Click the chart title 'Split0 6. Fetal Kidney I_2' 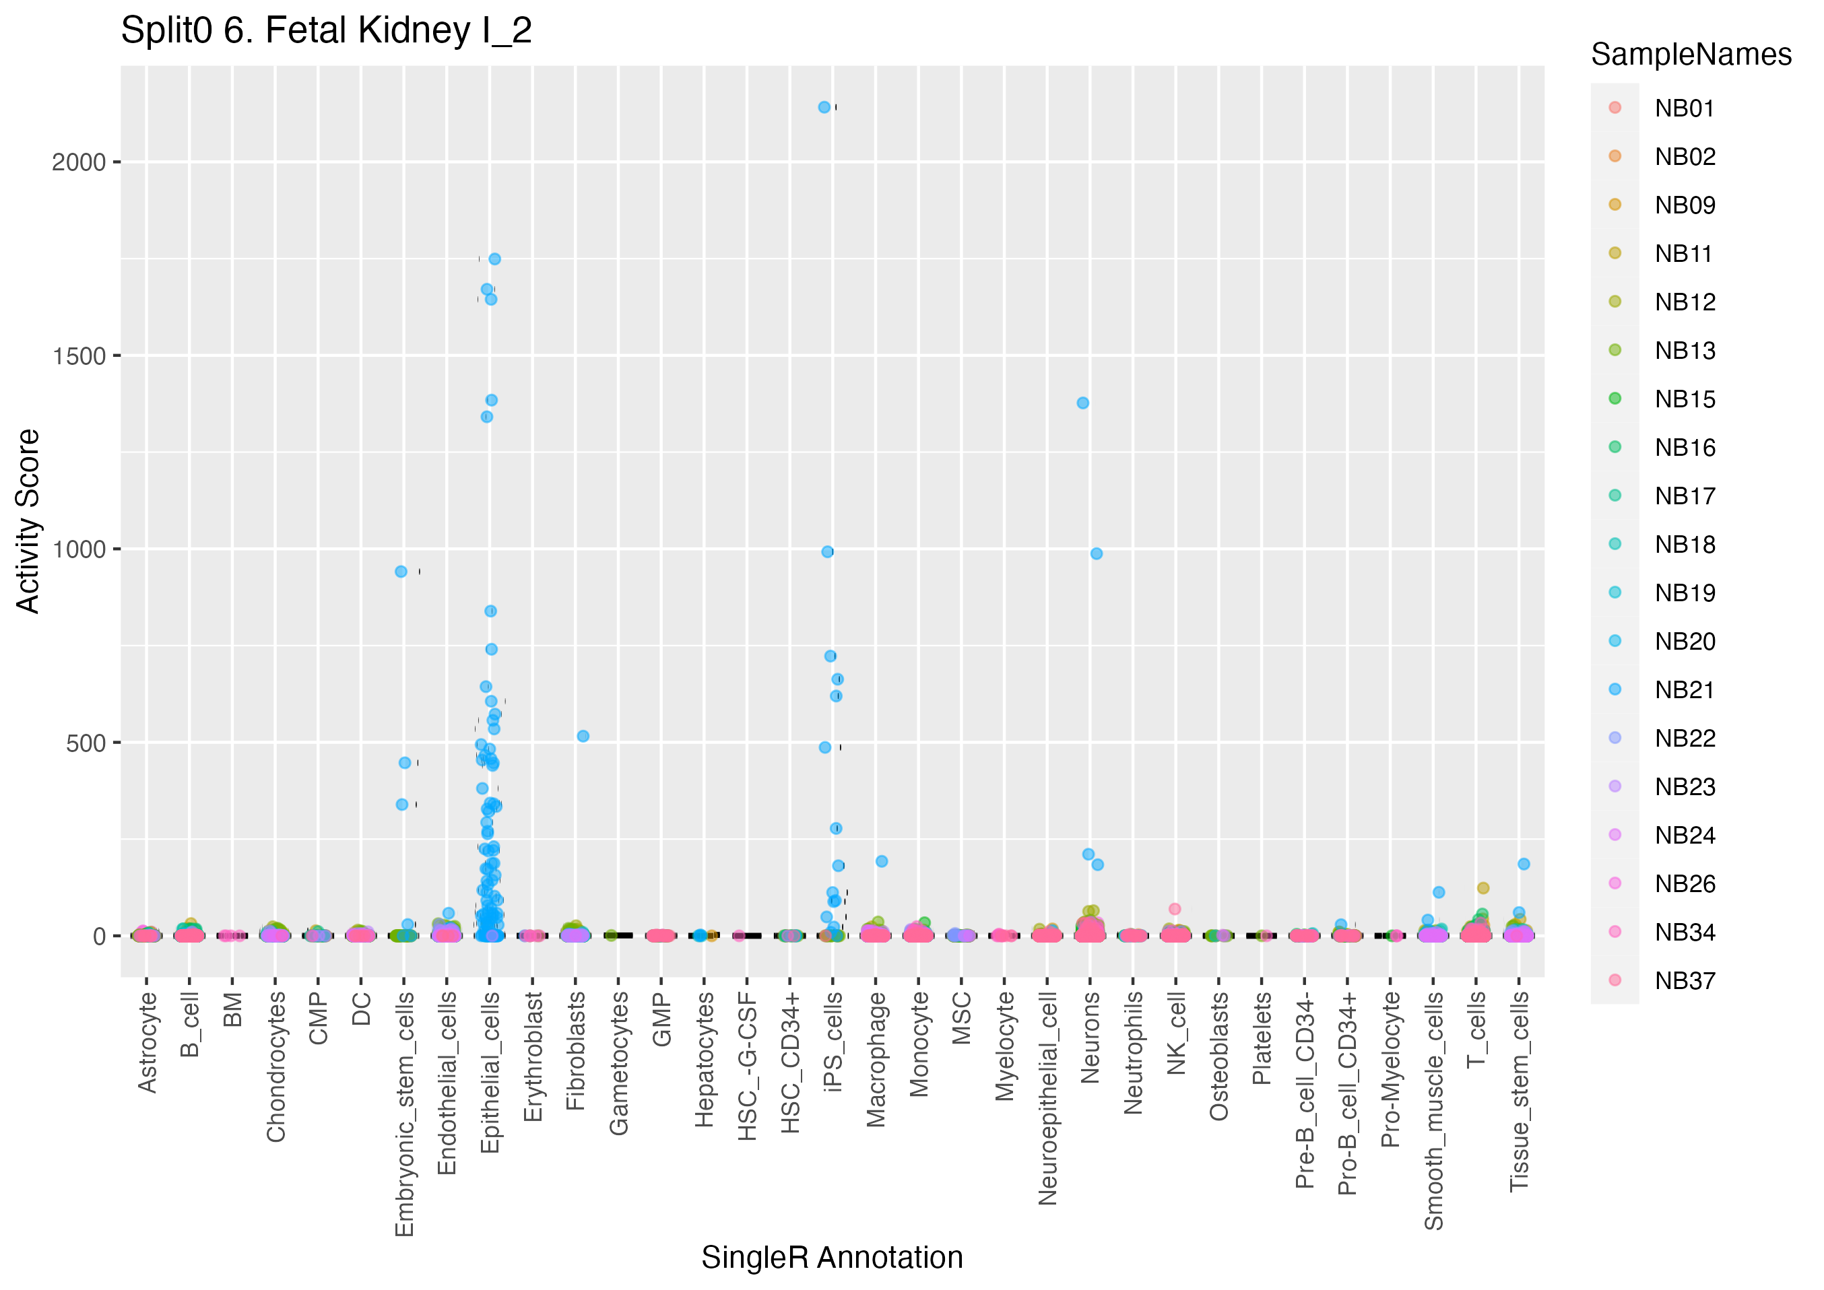pos(326,32)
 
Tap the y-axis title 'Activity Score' pos(28,521)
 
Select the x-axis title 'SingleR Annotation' pos(832,1258)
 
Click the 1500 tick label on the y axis pos(79,357)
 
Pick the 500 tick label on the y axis pos(86,743)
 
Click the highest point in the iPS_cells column pos(824,107)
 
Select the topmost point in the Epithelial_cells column pos(494,259)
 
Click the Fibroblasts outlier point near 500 pos(583,737)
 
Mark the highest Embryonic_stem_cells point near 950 pos(401,572)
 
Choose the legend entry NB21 pos(1684,690)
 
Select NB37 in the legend pos(1684,981)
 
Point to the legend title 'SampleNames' pos(1691,55)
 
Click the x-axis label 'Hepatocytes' pos(705,1060)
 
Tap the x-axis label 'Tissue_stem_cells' pos(1519,1091)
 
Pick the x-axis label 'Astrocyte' pos(147,1042)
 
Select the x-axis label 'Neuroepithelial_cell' pos(1048,1097)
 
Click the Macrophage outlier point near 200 pos(882,861)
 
